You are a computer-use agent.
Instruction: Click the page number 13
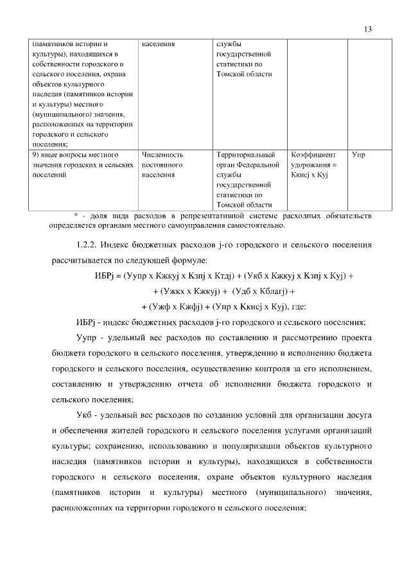(367, 29)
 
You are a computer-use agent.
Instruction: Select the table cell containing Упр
(358, 155)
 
